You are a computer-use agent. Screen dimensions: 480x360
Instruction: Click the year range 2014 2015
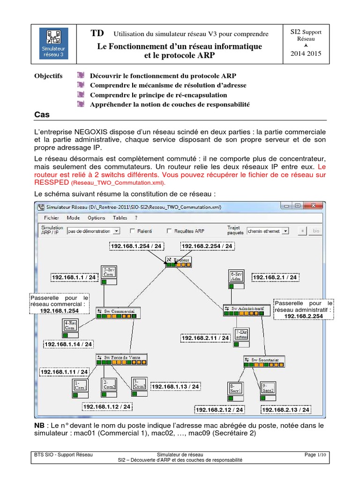[306, 53]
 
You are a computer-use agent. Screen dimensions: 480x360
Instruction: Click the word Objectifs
[49, 76]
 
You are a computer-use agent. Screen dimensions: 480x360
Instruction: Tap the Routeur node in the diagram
[179, 259]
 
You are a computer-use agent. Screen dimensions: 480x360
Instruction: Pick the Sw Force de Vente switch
[121, 357]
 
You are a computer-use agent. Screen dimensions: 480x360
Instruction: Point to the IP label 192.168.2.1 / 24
[275, 277]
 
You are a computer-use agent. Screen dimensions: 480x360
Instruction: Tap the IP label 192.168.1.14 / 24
[68, 344]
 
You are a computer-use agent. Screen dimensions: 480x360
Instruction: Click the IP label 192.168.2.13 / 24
[286, 410]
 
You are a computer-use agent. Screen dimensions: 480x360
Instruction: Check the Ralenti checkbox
[133, 231]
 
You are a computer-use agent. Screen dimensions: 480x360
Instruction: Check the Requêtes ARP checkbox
[170, 231]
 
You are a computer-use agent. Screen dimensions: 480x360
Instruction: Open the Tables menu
[120, 218]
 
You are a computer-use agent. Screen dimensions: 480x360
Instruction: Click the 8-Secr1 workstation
[235, 388]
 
